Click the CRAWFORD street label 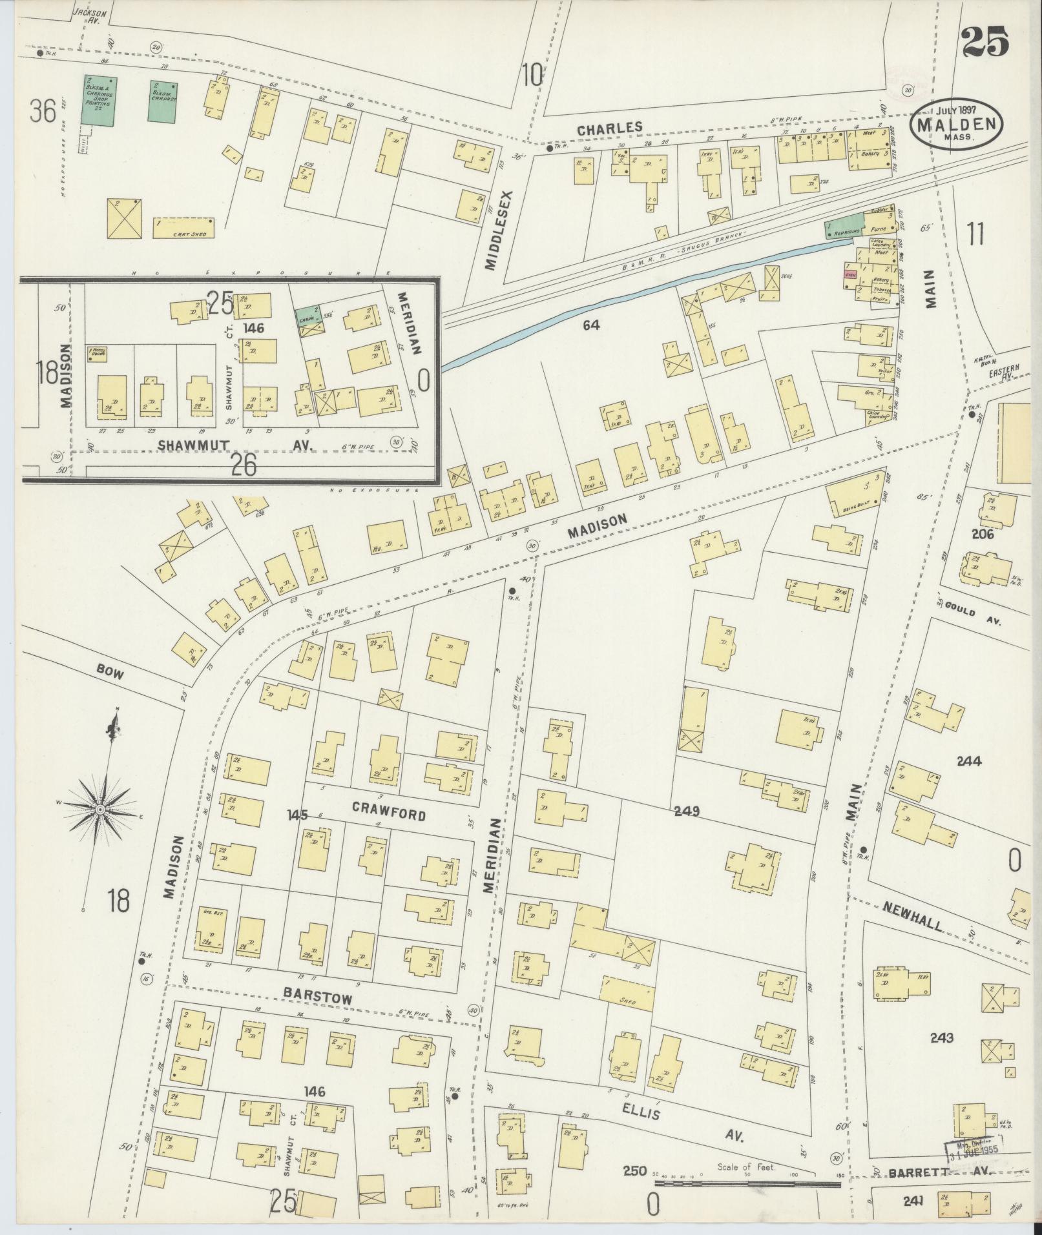(388, 811)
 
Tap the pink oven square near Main (850, 274)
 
